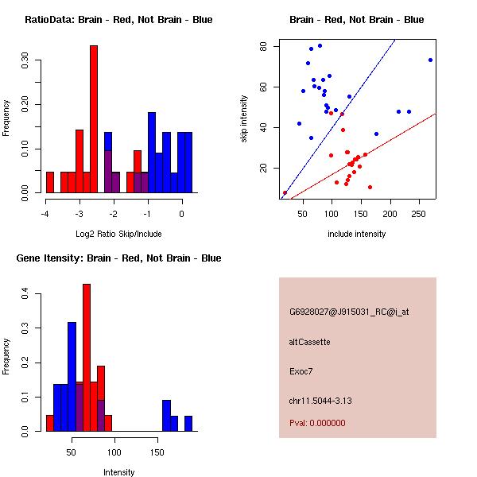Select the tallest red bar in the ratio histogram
(x=94, y=119)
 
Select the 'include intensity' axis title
(x=356, y=234)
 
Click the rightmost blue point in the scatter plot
(x=430, y=60)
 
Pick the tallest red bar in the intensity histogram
(x=87, y=358)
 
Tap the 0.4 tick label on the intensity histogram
(x=25, y=293)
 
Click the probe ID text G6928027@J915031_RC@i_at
(x=349, y=312)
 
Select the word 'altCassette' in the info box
(x=309, y=342)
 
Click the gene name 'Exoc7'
(x=301, y=370)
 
